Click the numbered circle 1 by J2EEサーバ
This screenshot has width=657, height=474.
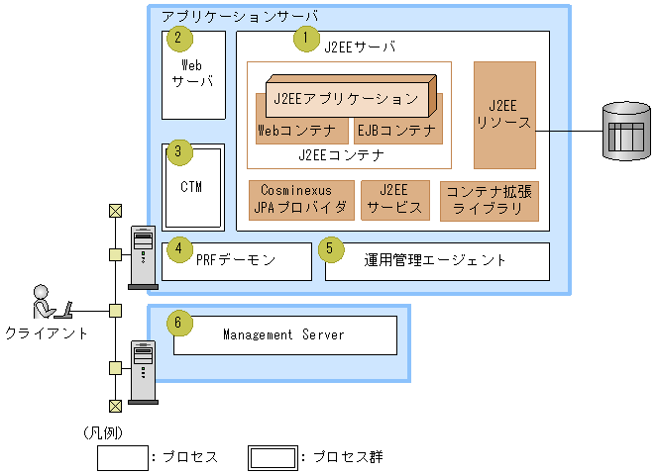(x=305, y=40)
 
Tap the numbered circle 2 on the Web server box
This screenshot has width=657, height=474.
(x=178, y=40)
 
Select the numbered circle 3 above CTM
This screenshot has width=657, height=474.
(x=178, y=152)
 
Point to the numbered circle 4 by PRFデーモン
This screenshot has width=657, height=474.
(x=178, y=248)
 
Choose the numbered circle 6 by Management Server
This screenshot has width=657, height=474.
(x=178, y=324)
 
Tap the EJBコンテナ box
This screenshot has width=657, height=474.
(x=394, y=130)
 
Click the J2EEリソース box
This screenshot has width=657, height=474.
(x=504, y=115)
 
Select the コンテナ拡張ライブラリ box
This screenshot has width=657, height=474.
(x=490, y=199)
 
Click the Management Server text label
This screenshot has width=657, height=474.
(x=283, y=335)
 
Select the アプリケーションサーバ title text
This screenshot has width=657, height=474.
(x=240, y=18)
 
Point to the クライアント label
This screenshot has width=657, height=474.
(x=47, y=332)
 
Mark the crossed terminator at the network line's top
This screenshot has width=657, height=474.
(x=116, y=210)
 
